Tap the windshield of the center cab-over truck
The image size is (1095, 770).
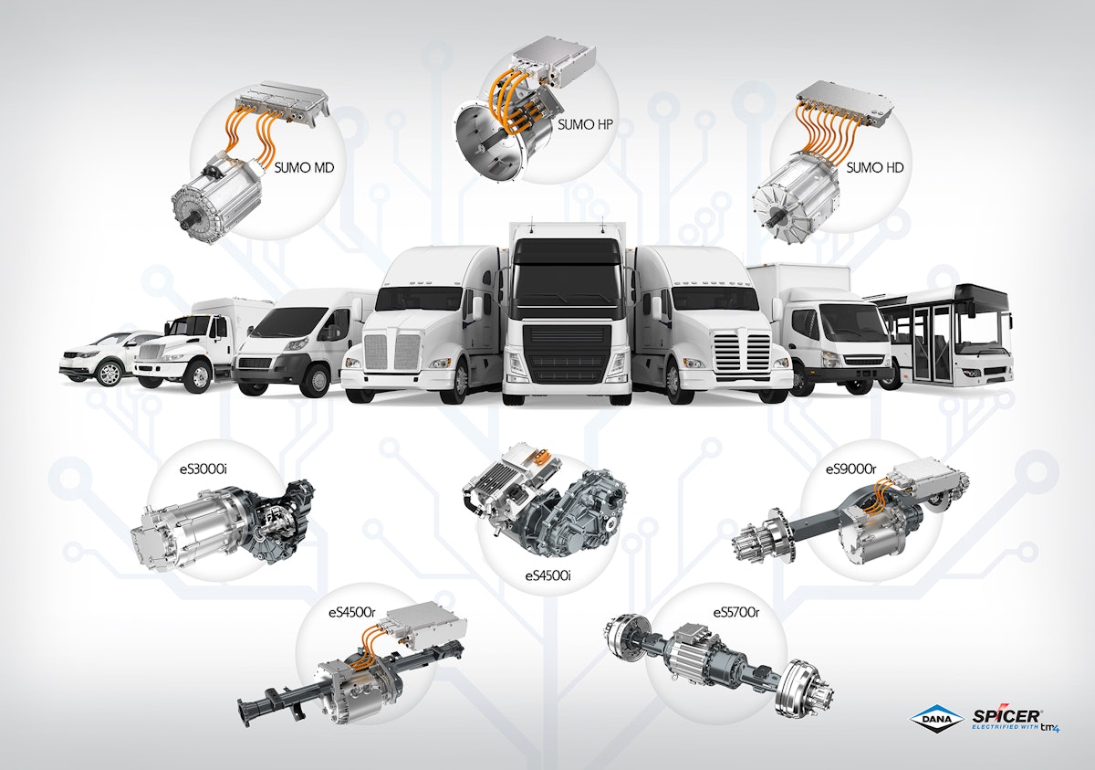click(x=567, y=265)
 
